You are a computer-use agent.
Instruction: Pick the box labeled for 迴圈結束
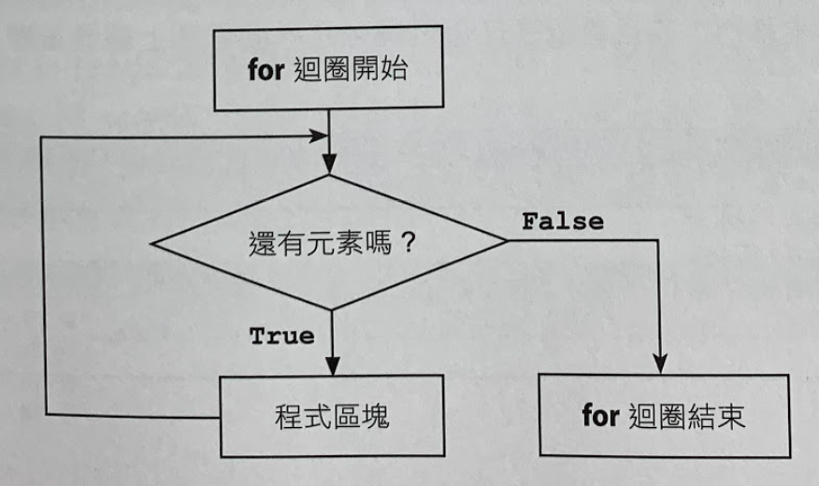(663, 416)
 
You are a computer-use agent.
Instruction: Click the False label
(562, 222)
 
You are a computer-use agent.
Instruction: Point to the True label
(281, 336)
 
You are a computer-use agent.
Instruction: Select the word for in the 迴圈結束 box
(600, 416)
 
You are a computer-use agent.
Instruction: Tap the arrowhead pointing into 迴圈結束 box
(662, 366)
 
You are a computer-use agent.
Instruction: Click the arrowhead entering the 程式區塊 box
(329, 366)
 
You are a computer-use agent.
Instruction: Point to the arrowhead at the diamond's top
(329, 166)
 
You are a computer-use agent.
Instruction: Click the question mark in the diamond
(407, 246)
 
